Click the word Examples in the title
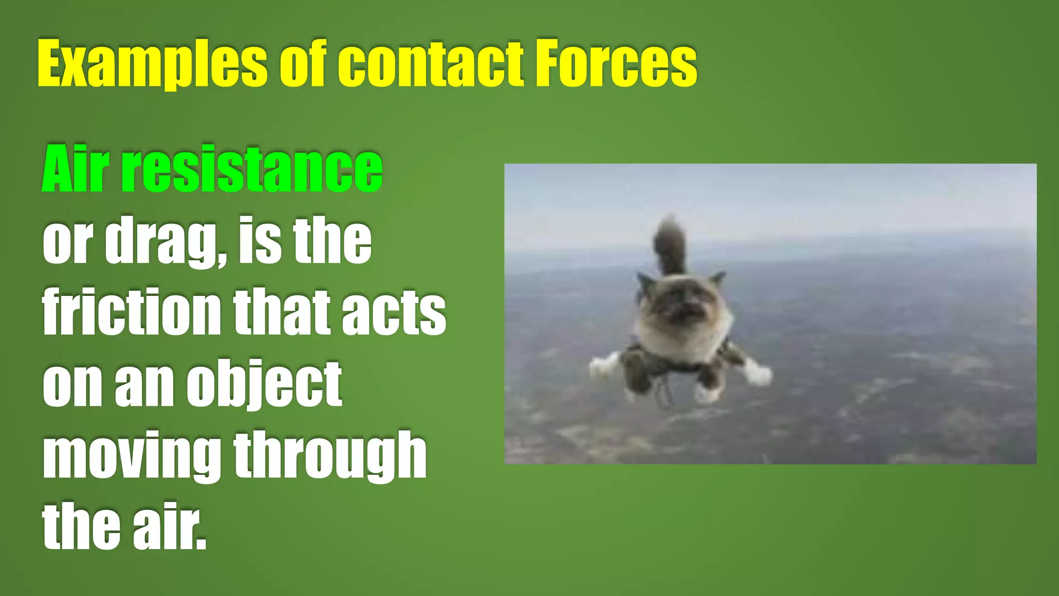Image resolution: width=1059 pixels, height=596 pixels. click(x=152, y=65)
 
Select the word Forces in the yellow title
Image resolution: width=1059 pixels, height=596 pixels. click(x=615, y=65)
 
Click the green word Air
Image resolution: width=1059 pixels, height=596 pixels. click(x=75, y=169)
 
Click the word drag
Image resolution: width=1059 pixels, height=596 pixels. click(x=165, y=241)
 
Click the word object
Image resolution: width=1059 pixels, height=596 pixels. click(x=264, y=384)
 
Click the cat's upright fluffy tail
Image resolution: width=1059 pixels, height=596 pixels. click(x=670, y=246)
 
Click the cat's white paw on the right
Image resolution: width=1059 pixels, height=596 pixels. click(x=757, y=372)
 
